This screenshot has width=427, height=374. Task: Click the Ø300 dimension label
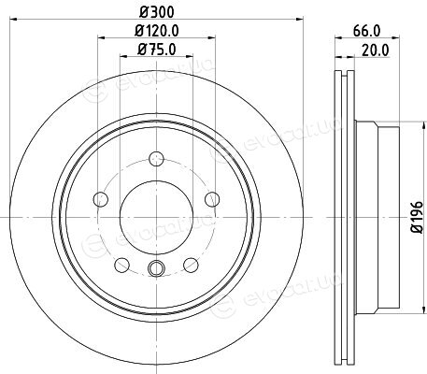coord(156,12)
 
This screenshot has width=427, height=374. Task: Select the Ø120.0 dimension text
coord(157,31)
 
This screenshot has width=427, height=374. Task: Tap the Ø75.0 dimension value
coord(157,49)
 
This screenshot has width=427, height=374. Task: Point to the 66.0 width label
coord(367,31)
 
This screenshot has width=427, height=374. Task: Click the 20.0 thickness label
coord(376,50)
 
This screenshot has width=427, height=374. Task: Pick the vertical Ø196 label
coord(418,217)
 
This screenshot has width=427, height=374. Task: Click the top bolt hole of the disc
coord(156,159)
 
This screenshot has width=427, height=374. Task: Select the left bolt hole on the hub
coord(101,199)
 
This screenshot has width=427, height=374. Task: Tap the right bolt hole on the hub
coord(212,199)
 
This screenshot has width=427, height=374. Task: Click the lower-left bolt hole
coord(121,266)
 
